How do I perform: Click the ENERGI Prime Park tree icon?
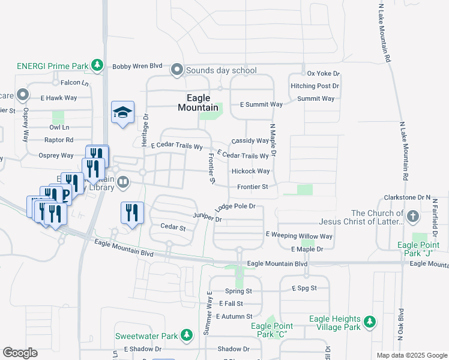coord(96,65)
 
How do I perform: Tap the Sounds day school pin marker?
coord(177,71)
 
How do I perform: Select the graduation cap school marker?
coord(122,112)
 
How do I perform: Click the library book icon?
coord(123,181)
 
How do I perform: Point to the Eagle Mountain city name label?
coord(198,103)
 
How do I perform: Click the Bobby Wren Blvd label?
coord(137,66)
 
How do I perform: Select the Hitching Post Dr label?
coord(315,86)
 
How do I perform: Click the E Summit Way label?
coord(261,104)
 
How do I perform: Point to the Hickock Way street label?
coord(250,171)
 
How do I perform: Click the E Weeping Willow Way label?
coord(298,236)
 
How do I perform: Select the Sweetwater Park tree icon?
coord(187,334)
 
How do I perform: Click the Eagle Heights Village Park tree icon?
coord(371,323)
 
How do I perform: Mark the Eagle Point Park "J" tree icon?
coord(417,236)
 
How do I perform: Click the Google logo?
coord(20,353)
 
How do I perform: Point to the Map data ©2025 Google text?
coord(411,355)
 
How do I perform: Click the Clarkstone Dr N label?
coord(407,197)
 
